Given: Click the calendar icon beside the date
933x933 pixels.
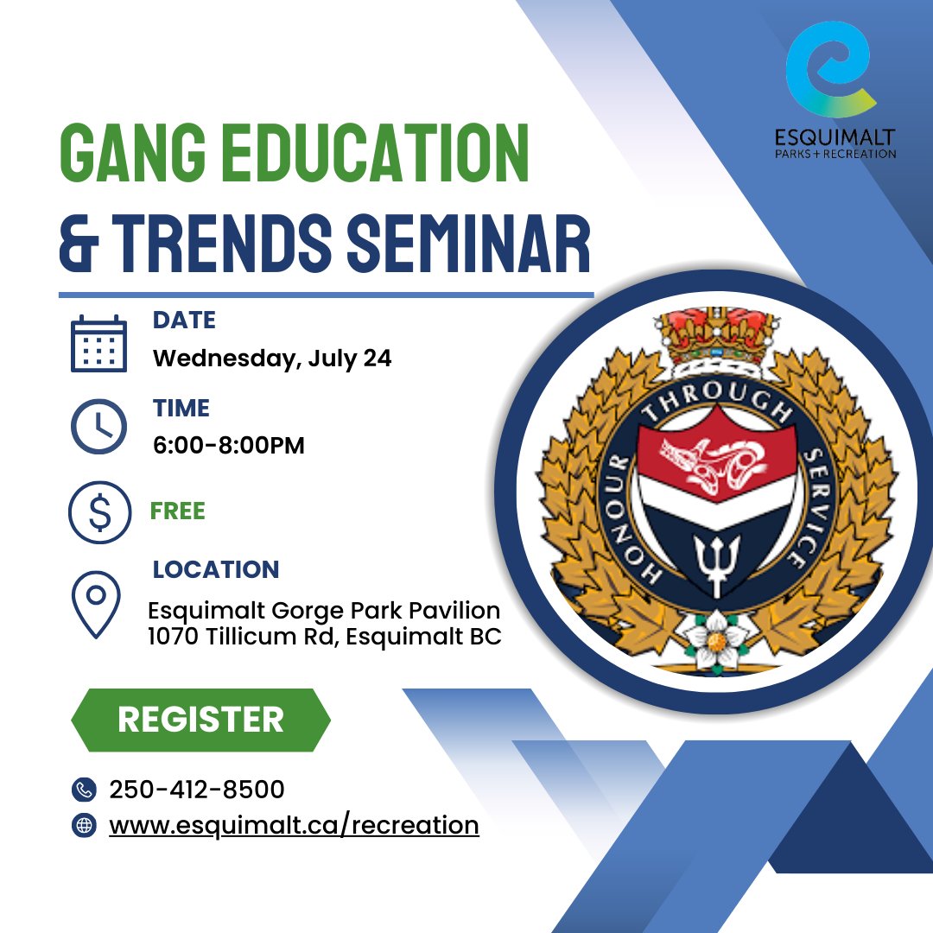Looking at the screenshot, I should pyautogui.click(x=98, y=343).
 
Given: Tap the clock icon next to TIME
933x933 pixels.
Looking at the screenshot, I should pyautogui.click(x=98, y=426).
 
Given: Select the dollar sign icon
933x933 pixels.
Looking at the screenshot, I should pyautogui.click(x=99, y=511).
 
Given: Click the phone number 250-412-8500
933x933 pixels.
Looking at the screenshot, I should pyautogui.click(x=197, y=790).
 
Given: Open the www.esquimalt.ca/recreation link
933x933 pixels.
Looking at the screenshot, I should pyautogui.click(x=294, y=825).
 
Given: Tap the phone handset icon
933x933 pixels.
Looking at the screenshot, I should pyautogui.click(x=84, y=790).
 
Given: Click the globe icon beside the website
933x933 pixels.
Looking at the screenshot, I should pyautogui.click(x=84, y=825).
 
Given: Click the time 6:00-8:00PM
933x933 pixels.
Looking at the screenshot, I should pyautogui.click(x=229, y=446).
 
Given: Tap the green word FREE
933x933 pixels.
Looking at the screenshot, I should pyautogui.click(x=178, y=511).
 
